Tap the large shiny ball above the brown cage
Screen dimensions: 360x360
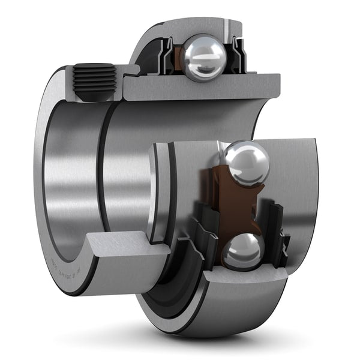click(245, 164)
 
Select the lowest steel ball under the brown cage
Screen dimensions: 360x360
click(242, 251)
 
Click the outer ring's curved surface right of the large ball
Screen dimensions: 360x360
click(294, 180)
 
